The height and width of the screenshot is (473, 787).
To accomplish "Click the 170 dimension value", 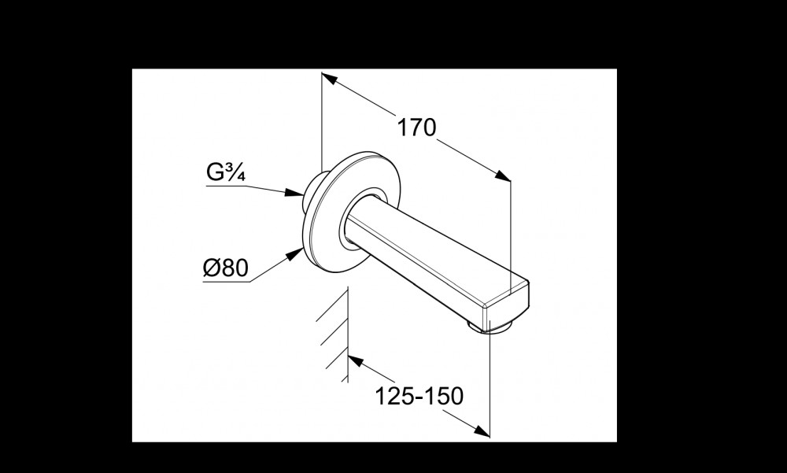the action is [x=416, y=127].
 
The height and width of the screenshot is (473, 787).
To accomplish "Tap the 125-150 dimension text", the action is [x=419, y=396].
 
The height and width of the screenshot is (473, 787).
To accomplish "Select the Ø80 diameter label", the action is [x=226, y=268].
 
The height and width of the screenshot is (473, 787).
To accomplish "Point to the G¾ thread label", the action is [x=225, y=172].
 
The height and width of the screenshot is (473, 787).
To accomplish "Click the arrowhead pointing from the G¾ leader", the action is [x=294, y=192].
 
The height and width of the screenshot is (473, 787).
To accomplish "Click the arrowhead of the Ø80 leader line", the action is [x=294, y=254].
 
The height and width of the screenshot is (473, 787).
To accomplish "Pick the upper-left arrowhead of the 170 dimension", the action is [x=330, y=79].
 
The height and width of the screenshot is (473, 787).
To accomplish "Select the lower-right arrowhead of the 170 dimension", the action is [x=502, y=176].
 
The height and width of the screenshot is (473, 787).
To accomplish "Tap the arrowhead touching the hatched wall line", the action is [x=356, y=360].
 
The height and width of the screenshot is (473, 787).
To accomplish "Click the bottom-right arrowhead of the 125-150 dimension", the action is [x=481, y=431].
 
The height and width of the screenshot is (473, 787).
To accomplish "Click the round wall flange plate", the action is [x=353, y=212].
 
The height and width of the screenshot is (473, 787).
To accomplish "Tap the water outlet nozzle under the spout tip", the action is [x=490, y=327].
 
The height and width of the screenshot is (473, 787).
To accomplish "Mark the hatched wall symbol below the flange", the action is [x=334, y=335].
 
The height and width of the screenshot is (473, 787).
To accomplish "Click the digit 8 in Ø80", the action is [x=227, y=268].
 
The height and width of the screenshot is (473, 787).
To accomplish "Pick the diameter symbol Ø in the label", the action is [x=211, y=268].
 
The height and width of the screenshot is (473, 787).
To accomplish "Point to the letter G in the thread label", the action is [x=215, y=172].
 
